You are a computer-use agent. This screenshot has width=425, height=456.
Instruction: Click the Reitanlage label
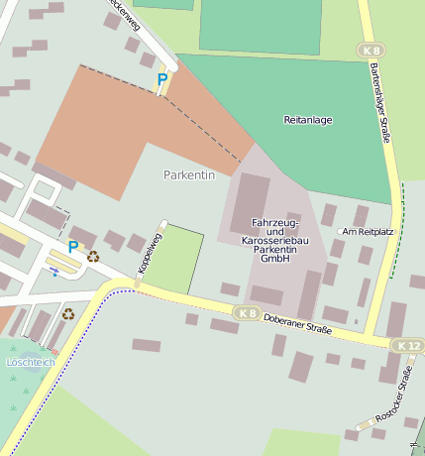coord(309,120)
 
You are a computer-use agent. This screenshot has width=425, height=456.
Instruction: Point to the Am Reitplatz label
coord(368,231)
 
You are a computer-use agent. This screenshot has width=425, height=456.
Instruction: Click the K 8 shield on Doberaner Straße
coord(247,312)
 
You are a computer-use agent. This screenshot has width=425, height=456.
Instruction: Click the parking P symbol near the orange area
coord(161,79)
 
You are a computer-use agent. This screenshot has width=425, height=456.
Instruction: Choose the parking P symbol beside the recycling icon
coord(72,246)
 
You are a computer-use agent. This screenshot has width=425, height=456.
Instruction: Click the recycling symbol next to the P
coord(93,256)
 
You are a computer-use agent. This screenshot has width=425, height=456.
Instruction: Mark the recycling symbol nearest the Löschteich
coord(68,314)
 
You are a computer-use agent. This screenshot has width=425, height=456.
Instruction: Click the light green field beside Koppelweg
coord(173,260)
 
